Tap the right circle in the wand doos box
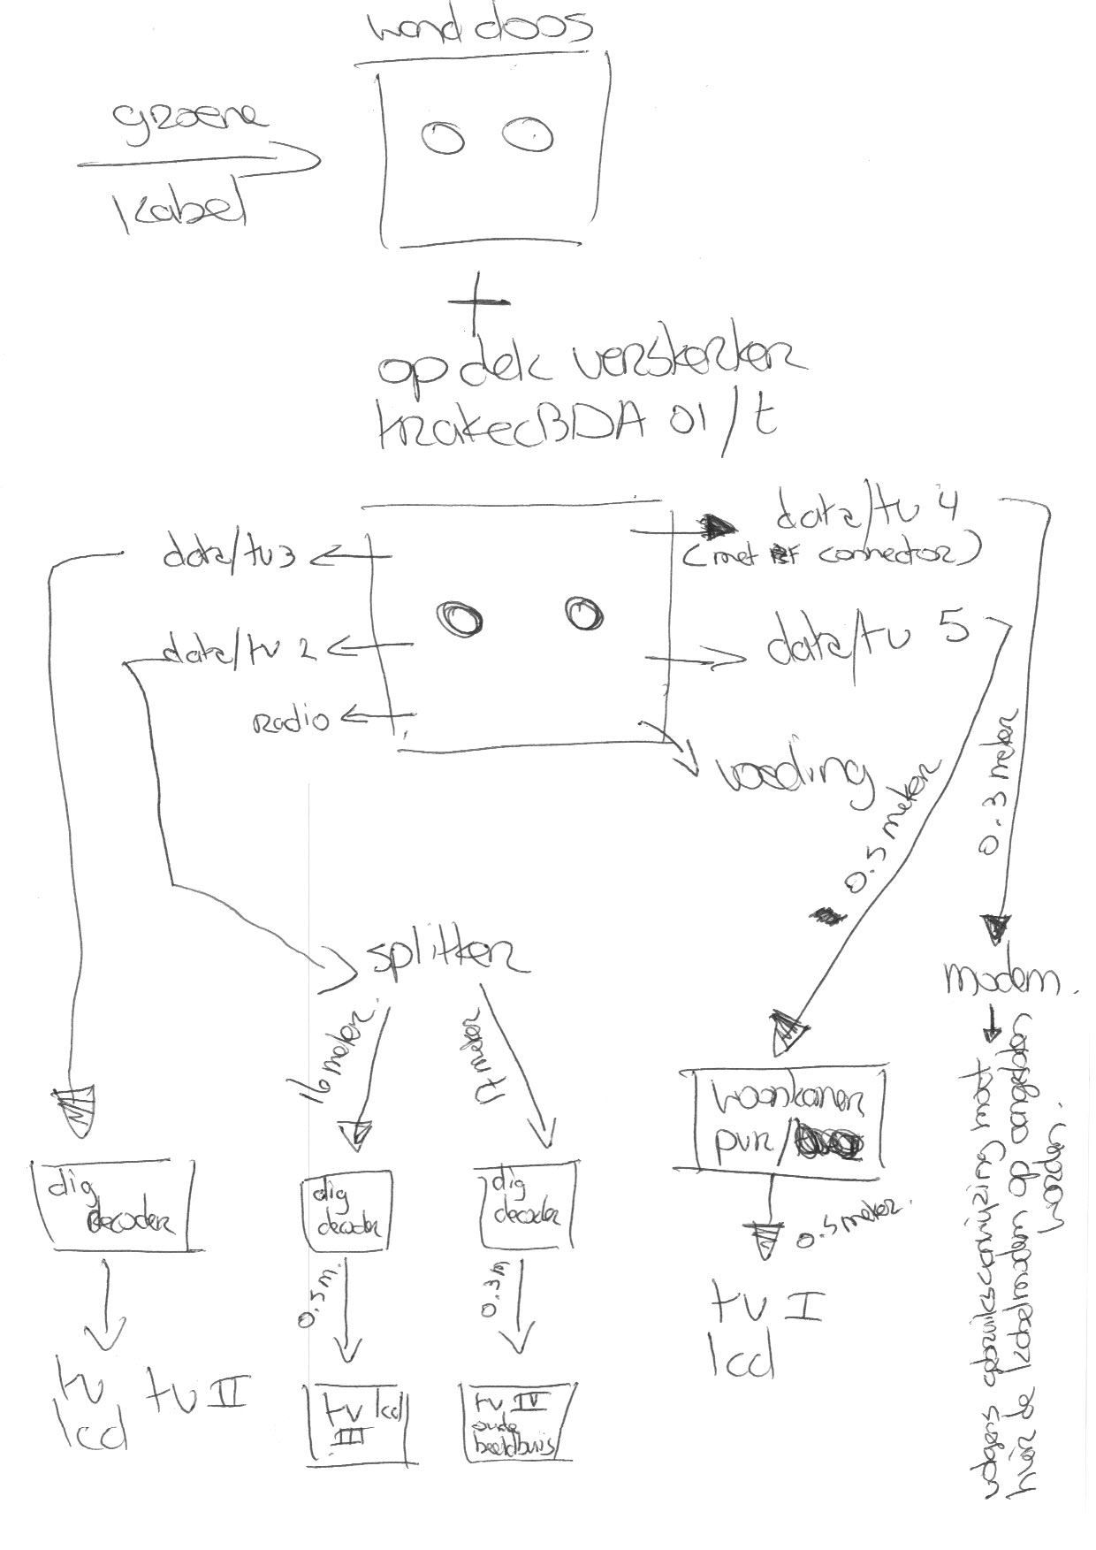tap(528, 134)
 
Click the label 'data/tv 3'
tap(227, 556)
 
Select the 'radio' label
tap(292, 721)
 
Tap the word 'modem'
tap(1001, 979)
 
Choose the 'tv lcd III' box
tap(361, 1420)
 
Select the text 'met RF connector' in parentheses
tap(831, 554)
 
